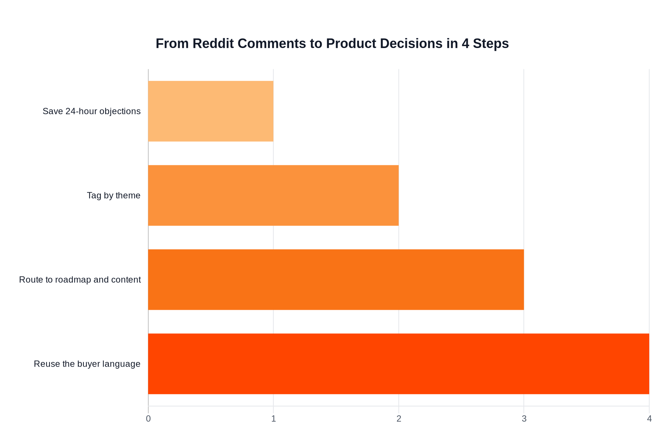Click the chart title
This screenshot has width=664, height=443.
click(332, 44)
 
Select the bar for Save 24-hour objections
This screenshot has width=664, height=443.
click(211, 111)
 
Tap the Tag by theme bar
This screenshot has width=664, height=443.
click(273, 195)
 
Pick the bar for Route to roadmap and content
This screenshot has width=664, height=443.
click(336, 279)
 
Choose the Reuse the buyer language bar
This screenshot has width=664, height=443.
click(398, 364)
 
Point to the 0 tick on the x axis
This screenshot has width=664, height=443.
click(148, 419)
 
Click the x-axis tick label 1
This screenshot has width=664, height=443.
click(273, 419)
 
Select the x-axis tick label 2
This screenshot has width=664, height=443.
click(399, 419)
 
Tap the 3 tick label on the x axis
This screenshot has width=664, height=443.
click(524, 419)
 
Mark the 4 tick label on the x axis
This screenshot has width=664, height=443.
click(649, 419)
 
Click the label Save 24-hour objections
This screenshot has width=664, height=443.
click(91, 111)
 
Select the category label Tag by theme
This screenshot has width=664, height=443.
click(114, 195)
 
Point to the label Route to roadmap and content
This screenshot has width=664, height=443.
click(80, 279)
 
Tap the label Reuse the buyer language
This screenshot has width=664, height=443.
click(87, 364)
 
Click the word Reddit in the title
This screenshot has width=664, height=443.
click(213, 44)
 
